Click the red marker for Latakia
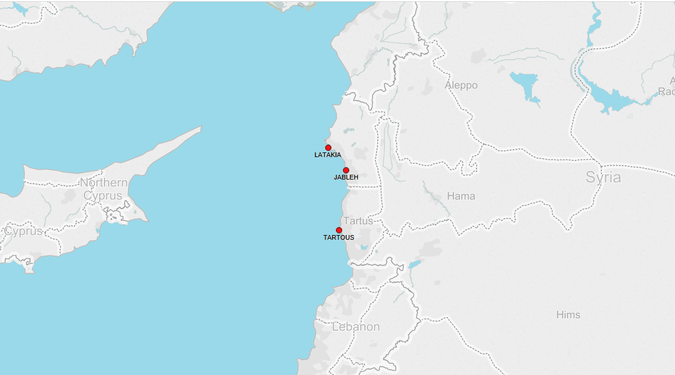click(x=328, y=148)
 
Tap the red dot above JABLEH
click(x=346, y=170)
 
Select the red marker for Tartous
click(x=339, y=230)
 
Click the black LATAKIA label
click(x=328, y=155)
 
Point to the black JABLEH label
click(x=346, y=177)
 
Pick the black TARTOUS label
click(x=339, y=238)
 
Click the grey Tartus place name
click(x=358, y=221)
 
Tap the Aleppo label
click(x=461, y=85)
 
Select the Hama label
click(x=461, y=196)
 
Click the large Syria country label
click(x=603, y=177)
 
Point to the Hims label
click(x=568, y=315)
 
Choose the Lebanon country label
click(x=356, y=327)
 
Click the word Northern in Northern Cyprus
click(x=104, y=182)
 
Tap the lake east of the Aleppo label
click(x=524, y=83)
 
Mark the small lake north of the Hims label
click(x=415, y=264)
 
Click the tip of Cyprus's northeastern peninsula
click(x=201, y=126)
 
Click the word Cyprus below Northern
click(x=103, y=195)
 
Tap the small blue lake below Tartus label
click(x=364, y=247)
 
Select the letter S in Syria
click(x=591, y=177)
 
